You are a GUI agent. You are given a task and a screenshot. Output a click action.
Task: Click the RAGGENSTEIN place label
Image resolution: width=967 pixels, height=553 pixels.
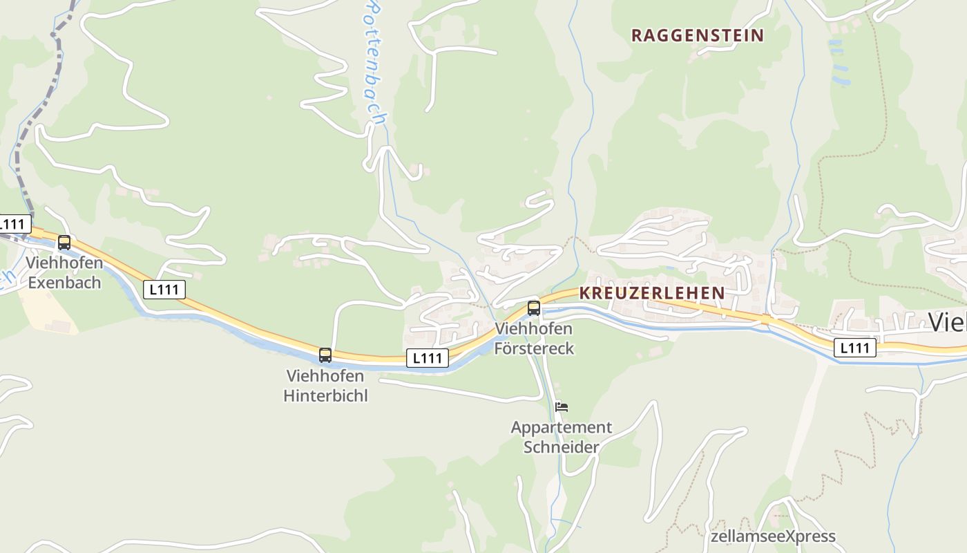click(698, 35)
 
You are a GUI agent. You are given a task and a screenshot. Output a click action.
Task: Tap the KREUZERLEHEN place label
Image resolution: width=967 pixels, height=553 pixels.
click(652, 292)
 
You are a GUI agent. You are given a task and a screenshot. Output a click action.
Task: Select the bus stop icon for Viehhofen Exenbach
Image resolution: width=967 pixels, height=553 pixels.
click(64, 243)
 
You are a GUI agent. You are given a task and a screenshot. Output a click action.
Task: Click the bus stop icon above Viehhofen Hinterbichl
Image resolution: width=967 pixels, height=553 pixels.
click(325, 355)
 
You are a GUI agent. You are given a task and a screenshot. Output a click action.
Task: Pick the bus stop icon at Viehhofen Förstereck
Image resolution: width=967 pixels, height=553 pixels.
click(534, 308)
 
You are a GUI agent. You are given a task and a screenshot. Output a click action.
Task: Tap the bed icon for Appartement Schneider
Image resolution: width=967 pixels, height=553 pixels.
click(562, 406)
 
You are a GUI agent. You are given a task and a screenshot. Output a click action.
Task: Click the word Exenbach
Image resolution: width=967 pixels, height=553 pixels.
click(64, 283)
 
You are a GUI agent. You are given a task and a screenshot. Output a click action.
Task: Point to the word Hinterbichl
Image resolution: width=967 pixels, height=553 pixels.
click(325, 395)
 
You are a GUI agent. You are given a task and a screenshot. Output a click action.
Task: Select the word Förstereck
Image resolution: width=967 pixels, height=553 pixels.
click(534, 348)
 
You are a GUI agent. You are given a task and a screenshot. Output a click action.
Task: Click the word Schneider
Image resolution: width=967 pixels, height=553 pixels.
click(562, 447)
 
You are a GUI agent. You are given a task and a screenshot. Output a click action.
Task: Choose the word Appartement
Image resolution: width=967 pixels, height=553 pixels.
click(562, 427)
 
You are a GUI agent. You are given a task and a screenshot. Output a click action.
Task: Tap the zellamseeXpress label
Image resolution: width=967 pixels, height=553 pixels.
click(773, 536)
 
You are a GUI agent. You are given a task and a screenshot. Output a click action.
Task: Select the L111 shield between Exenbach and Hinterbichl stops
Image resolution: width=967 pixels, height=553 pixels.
click(164, 289)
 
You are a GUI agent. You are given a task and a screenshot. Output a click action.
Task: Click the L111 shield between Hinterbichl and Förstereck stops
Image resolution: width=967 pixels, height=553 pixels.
click(428, 357)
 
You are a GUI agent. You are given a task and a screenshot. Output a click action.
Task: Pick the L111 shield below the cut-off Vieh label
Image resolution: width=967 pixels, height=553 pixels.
click(854, 348)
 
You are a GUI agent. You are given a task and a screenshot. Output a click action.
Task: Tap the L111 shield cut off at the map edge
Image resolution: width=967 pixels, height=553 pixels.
click(14, 224)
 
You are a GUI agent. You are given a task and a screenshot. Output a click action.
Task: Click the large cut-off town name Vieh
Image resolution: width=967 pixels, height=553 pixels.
click(948, 322)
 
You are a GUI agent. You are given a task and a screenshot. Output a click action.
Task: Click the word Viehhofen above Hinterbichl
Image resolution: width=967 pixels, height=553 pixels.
click(325, 376)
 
